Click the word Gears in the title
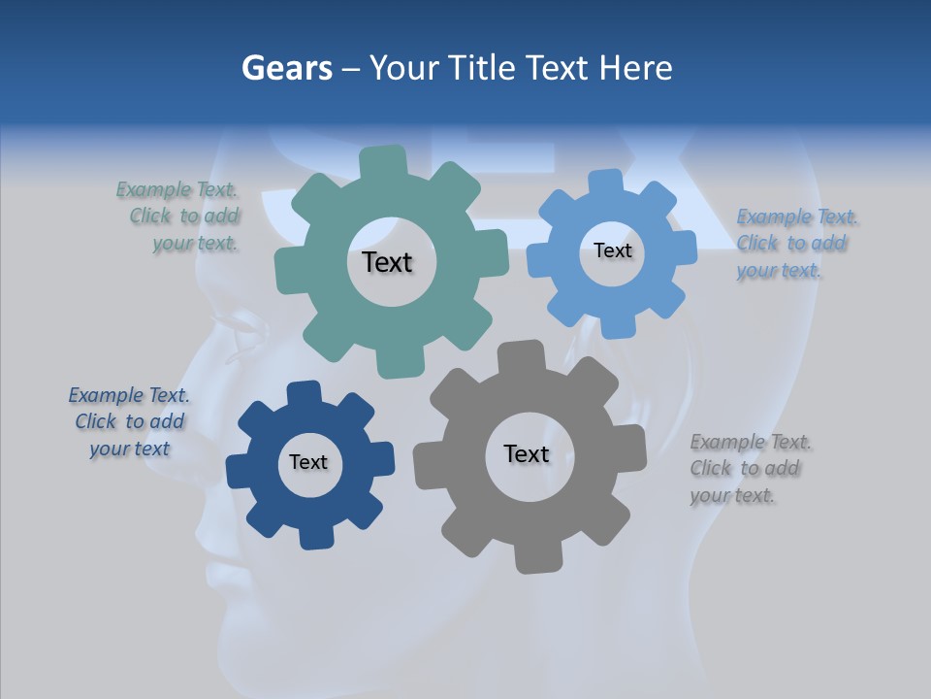pyautogui.click(x=287, y=68)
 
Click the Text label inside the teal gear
pyautogui.click(x=387, y=262)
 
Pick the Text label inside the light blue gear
pyautogui.click(x=612, y=250)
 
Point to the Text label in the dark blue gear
pyautogui.click(x=308, y=462)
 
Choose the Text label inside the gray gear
pyautogui.click(x=527, y=453)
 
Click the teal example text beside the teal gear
pyautogui.click(x=179, y=216)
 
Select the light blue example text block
pyautogui.click(x=795, y=244)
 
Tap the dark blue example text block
pyautogui.click(x=129, y=422)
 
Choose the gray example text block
pyautogui.click(x=749, y=469)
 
